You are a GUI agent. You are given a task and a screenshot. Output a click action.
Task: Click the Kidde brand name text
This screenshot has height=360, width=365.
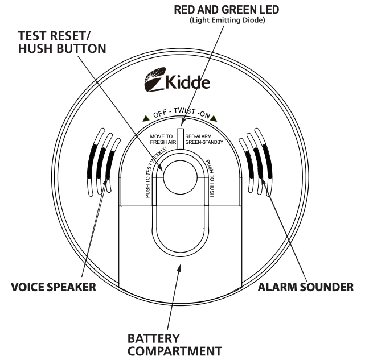click(x=187, y=82)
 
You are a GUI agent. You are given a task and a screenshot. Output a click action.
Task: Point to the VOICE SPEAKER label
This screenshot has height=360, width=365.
click(x=54, y=287)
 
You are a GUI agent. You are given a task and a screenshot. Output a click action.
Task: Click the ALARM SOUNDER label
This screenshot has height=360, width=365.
click(x=305, y=287)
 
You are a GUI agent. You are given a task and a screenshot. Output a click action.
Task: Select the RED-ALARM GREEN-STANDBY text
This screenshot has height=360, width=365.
click(x=206, y=140)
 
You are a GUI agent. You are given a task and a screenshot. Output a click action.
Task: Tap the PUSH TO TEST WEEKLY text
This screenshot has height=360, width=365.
click(x=153, y=173)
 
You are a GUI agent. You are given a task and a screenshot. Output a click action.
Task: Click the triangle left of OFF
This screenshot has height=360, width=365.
click(x=146, y=119)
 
